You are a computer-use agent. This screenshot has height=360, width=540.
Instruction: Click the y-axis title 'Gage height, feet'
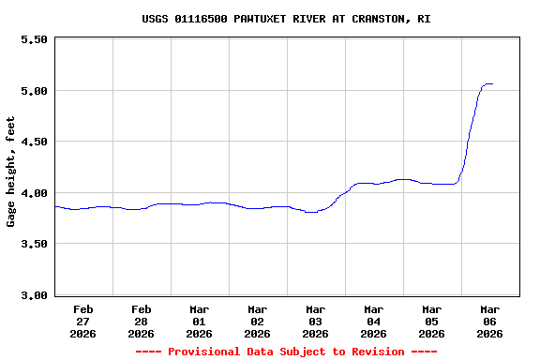[x=11, y=172]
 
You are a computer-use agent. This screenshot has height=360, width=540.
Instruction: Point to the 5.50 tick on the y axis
[x=34, y=39]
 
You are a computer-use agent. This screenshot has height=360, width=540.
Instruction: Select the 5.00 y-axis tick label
[x=34, y=91]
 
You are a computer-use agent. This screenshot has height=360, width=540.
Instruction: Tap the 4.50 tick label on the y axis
[x=34, y=142]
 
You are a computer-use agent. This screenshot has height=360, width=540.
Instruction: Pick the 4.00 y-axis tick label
[x=34, y=193]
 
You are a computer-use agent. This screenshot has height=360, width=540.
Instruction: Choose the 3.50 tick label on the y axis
[x=34, y=244]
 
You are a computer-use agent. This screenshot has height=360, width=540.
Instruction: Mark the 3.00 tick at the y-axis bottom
[x=34, y=295]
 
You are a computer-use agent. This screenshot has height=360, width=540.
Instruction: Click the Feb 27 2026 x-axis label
[x=83, y=321]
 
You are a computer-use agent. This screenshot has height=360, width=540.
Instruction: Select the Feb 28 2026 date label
[x=142, y=321]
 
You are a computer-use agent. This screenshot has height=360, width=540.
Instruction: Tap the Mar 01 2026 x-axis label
[x=200, y=321]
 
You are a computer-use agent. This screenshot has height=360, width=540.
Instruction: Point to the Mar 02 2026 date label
[x=258, y=321]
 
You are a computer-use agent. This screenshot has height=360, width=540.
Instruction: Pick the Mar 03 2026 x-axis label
[x=316, y=321]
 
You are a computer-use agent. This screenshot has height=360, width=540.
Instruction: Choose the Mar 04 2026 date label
[x=374, y=321]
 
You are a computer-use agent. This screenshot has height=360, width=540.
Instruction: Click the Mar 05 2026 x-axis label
[x=432, y=321]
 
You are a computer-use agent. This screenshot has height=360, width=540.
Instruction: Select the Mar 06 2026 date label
[x=490, y=321]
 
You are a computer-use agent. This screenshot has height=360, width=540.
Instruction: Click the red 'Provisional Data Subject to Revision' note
[x=286, y=352]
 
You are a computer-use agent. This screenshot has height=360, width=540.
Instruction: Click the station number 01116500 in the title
[x=204, y=19]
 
